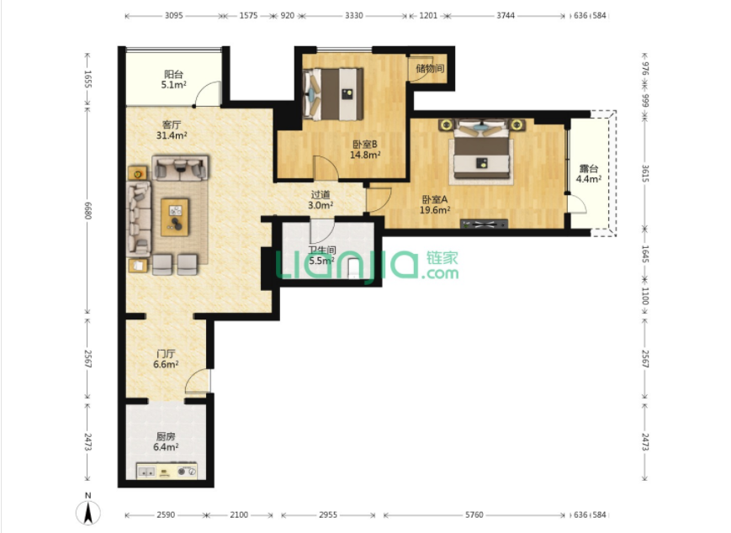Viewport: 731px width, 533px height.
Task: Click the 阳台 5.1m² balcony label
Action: [x=173, y=79]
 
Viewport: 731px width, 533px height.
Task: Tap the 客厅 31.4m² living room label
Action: [x=172, y=130]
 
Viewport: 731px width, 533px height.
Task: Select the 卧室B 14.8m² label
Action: [x=365, y=150]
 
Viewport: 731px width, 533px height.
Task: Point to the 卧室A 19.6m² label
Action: [x=435, y=204]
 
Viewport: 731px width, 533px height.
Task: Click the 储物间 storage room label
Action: [x=430, y=68]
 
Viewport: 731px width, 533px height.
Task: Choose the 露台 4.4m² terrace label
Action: [x=588, y=174]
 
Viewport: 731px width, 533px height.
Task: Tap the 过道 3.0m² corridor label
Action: [x=320, y=200]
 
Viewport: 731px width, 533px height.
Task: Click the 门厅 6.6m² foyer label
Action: [x=166, y=359]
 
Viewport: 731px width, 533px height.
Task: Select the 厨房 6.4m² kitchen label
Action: [x=166, y=441]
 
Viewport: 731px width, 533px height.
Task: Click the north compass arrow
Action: [x=87, y=512]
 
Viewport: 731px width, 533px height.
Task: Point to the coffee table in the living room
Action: [x=175, y=217]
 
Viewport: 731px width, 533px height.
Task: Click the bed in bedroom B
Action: [x=333, y=93]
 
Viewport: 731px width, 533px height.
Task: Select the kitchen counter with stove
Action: [x=167, y=471]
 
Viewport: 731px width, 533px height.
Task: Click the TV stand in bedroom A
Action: [x=484, y=224]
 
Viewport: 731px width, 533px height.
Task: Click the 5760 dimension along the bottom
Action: [x=474, y=515]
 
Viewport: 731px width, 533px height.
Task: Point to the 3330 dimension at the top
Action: [x=354, y=15]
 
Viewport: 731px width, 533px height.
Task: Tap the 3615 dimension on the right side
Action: [x=645, y=173]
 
